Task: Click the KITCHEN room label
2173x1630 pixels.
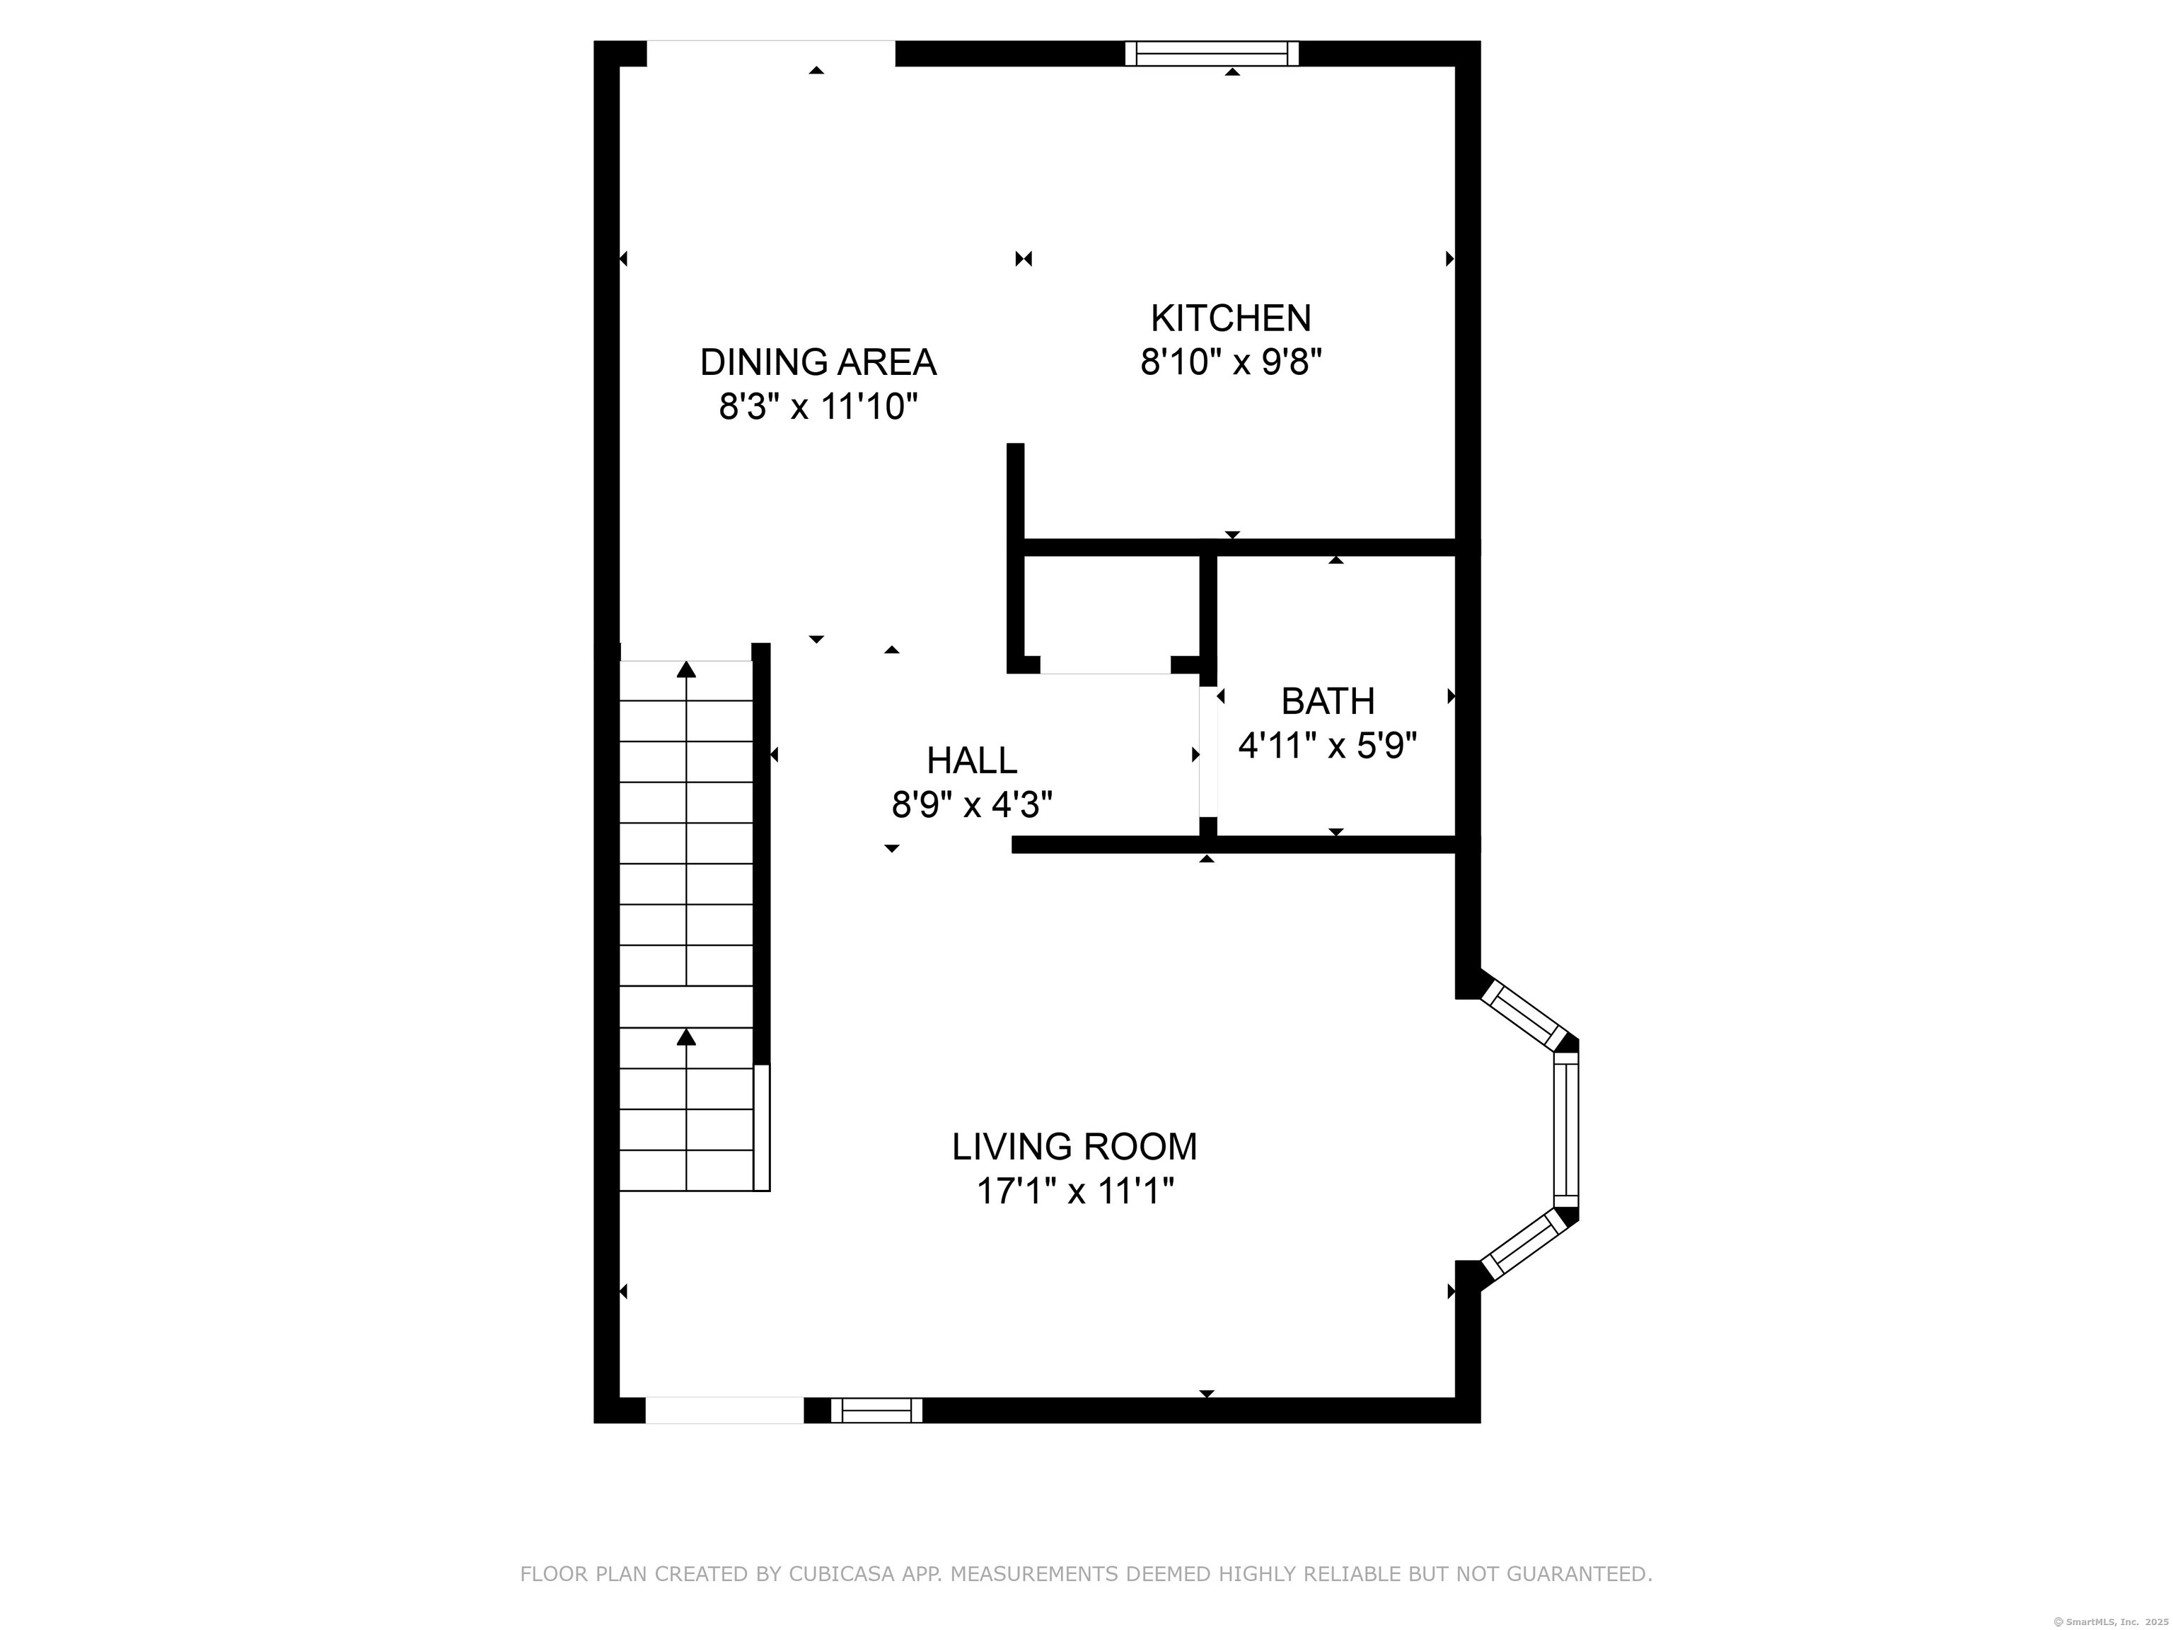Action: (1231, 318)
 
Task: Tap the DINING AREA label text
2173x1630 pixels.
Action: (818, 362)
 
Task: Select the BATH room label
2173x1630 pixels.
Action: (1328, 702)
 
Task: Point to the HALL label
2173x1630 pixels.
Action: (972, 761)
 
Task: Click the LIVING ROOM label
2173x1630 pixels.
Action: (1074, 1147)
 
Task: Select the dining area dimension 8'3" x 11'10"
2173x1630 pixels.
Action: (818, 407)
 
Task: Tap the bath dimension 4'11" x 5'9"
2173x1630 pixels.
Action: (1328, 746)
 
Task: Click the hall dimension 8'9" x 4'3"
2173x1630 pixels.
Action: (972, 806)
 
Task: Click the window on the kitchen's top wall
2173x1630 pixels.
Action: (1211, 53)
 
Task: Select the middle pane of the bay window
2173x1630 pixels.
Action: (1566, 1131)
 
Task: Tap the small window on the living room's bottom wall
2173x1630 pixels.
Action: (876, 1410)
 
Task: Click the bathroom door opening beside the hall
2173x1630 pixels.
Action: (1207, 751)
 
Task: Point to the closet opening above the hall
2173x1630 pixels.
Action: (1105, 672)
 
